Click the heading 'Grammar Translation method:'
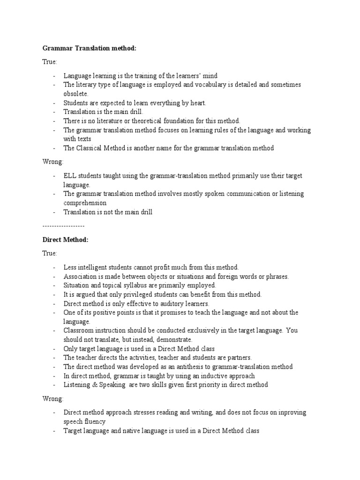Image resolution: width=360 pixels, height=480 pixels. point(90,47)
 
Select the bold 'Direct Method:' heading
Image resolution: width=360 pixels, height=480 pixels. point(65,240)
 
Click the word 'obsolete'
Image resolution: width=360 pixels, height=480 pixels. point(75,94)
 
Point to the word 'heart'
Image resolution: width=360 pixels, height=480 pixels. point(196,103)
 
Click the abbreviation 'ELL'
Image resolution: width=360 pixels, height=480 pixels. point(70,176)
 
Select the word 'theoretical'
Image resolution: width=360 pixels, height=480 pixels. point(151,121)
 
